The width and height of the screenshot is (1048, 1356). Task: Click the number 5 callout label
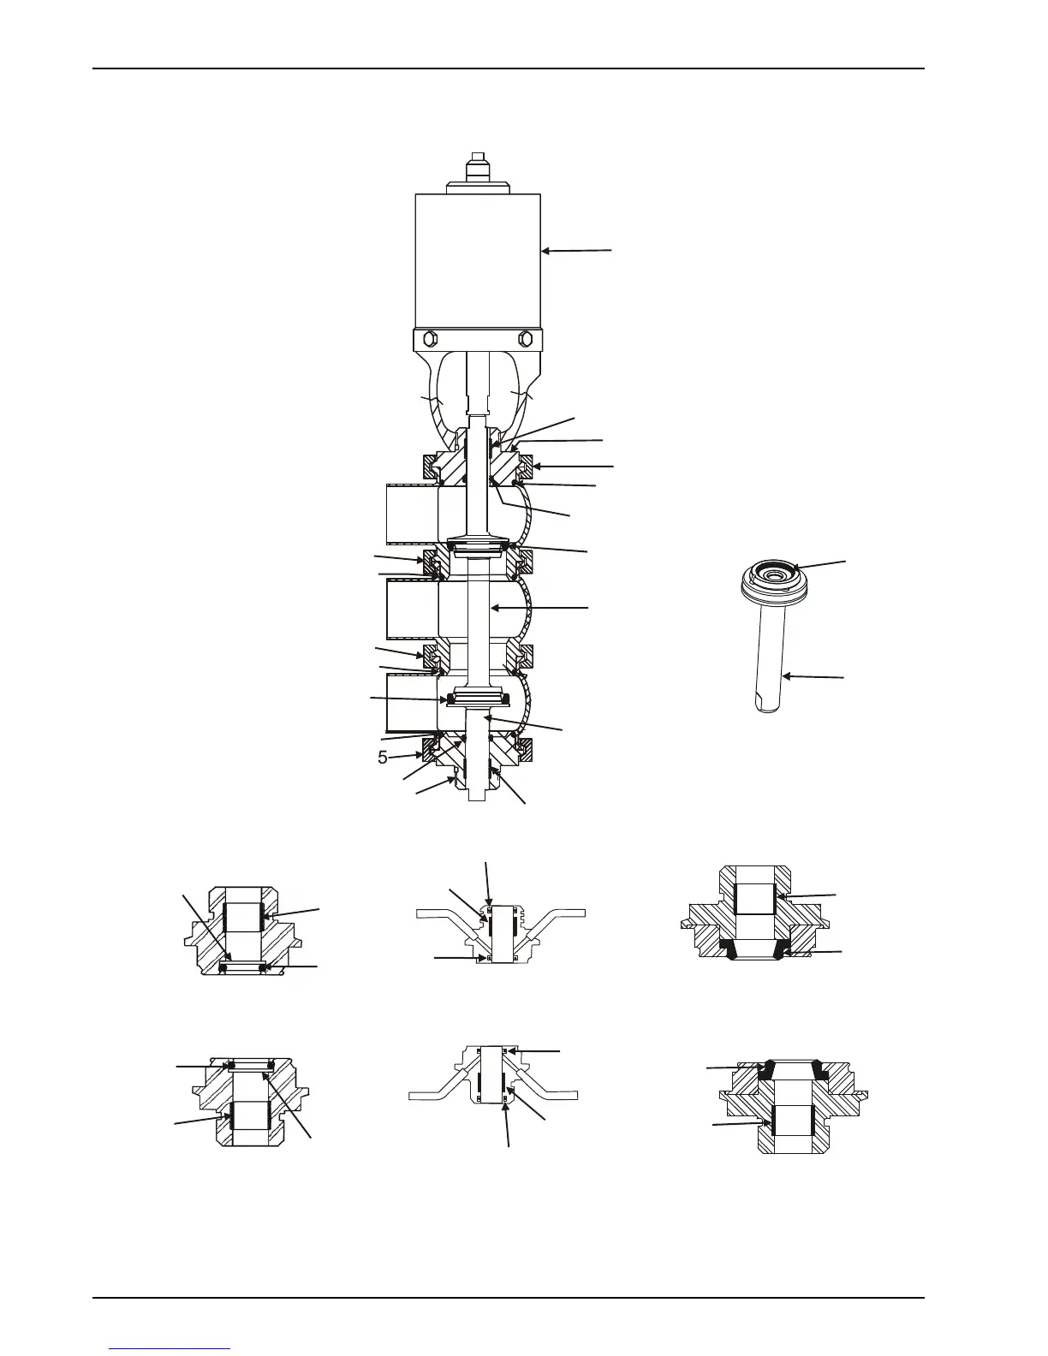(x=383, y=758)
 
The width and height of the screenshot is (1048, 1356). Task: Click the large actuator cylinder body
(x=478, y=261)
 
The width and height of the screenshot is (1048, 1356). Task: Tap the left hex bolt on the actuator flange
(x=430, y=340)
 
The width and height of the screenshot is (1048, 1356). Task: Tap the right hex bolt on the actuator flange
(x=525, y=340)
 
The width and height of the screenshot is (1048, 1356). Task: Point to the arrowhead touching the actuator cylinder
(x=545, y=252)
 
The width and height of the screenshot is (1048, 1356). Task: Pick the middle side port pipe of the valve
(x=413, y=610)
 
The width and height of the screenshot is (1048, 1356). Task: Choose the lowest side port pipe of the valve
(x=413, y=703)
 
